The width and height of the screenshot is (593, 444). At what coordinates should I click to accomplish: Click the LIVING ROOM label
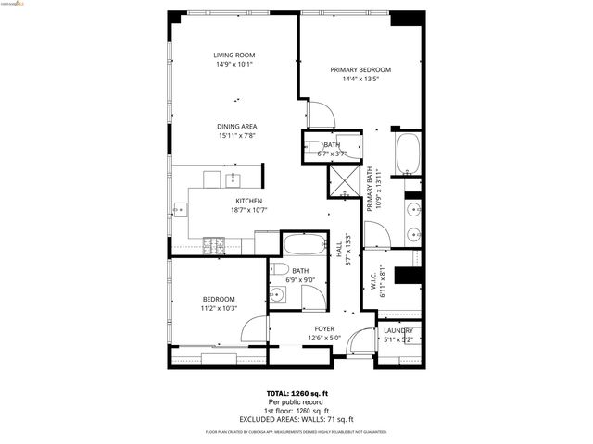tap(233, 55)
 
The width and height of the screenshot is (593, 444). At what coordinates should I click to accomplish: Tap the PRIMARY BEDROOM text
tap(360, 70)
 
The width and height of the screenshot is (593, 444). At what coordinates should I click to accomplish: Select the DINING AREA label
tap(236, 127)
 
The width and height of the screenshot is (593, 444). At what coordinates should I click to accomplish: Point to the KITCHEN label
tap(248, 201)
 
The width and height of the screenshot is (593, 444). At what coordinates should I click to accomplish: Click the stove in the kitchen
tap(215, 246)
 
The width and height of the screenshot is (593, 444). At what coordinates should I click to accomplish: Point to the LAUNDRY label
tap(398, 330)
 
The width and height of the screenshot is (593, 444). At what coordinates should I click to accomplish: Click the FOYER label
tap(324, 328)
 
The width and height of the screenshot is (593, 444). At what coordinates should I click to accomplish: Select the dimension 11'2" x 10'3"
tap(220, 308)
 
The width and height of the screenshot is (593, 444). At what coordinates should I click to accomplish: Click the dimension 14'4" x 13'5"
tap(360, 80)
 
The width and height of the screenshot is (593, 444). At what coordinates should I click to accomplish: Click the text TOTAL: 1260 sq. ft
tap(296, 393)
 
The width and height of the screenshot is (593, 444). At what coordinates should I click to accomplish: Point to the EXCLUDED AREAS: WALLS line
tap(296, 418)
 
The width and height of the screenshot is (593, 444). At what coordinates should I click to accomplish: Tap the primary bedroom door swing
tap(320, 115)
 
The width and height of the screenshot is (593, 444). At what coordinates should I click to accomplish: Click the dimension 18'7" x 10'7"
tap(248, 210)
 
